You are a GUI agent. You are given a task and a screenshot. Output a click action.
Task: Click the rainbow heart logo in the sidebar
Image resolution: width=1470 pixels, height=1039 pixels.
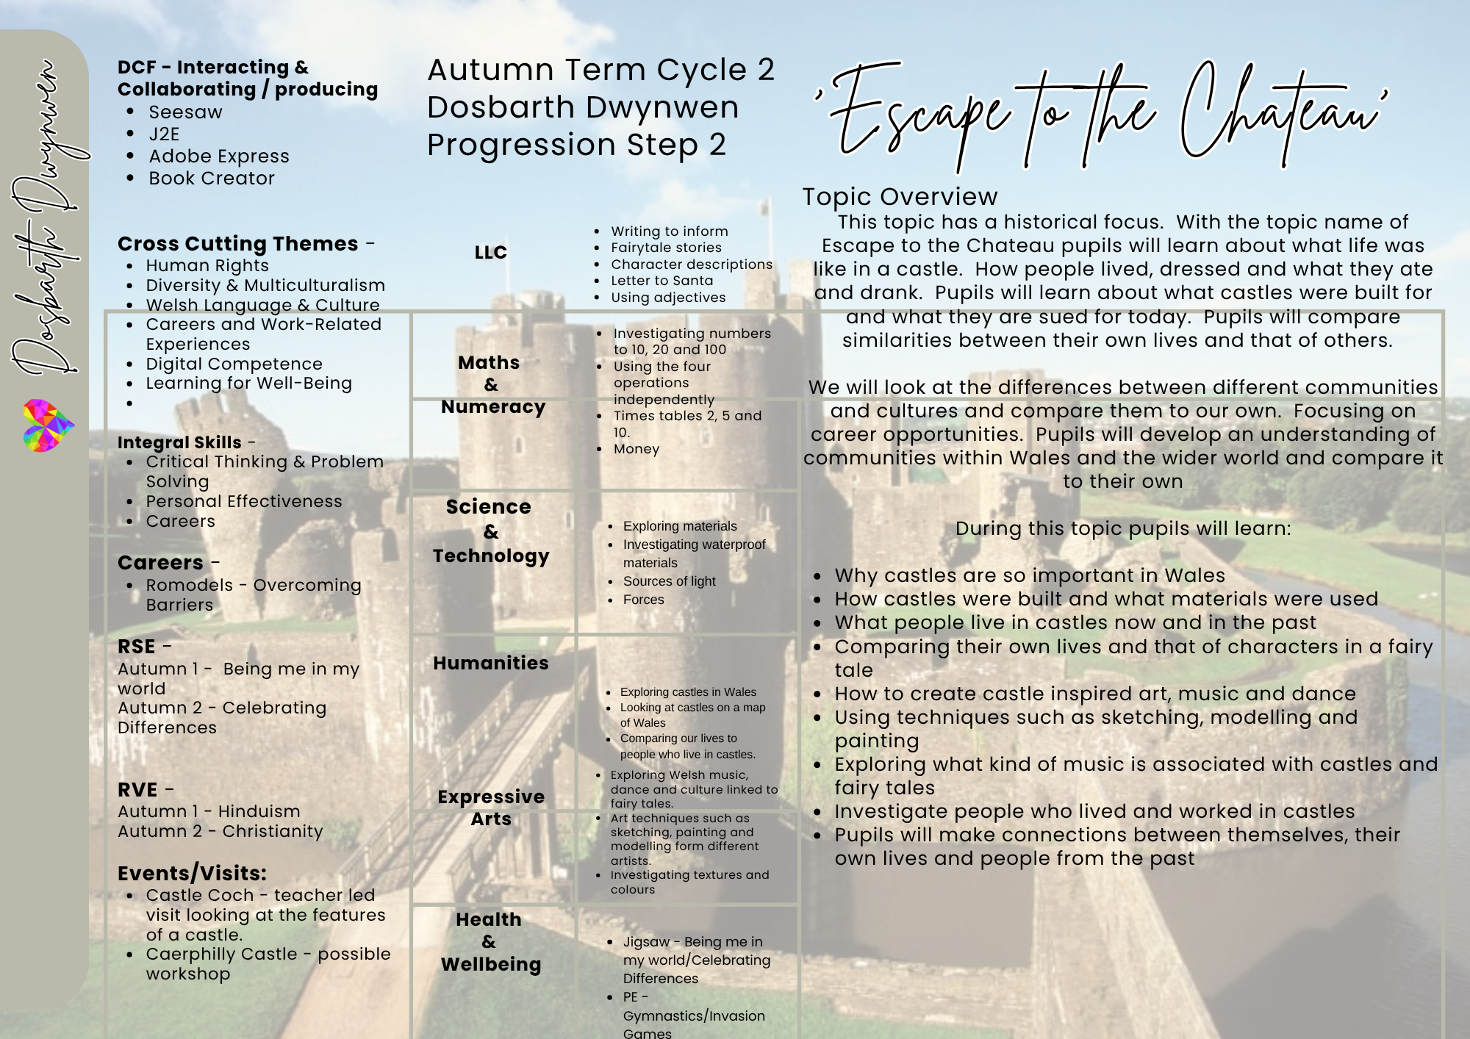(x=48, y=425)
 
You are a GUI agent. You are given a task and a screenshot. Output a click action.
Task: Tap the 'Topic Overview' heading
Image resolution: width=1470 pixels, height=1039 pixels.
(x=900, y=197)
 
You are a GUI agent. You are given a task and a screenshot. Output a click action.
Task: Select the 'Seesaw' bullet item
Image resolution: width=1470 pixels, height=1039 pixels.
(x=185, y=112)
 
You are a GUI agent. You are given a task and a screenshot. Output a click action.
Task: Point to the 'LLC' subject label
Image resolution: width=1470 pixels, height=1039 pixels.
(x=491, y=253)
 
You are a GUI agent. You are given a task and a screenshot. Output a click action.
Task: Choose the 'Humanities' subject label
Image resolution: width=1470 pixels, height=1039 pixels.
(x=491, y=663)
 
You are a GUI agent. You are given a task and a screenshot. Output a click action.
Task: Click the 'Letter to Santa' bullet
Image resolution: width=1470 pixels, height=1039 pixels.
(x=661, y=281)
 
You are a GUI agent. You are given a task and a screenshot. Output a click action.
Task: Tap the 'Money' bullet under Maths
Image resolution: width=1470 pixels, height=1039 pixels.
(x=637, y=449)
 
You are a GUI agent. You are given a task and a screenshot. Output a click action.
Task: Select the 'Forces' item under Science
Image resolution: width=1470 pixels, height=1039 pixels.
(x=643, y=600)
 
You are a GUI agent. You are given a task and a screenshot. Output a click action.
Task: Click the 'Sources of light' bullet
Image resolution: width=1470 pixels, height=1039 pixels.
(x=669, y=581)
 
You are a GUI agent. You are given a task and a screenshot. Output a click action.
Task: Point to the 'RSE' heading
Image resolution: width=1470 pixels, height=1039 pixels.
(x=137, y=647)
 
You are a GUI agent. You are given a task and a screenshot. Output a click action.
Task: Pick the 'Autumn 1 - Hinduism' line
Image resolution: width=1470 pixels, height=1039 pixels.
(x=209, y=811)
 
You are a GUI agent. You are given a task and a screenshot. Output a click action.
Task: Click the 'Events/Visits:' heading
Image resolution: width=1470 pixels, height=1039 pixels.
(x=192, y=873)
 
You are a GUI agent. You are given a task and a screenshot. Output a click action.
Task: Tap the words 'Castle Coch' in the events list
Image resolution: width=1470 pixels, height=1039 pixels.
(x=200, y=895)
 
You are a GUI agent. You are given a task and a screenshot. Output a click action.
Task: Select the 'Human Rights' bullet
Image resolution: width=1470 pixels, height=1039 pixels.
(x=207, y=266)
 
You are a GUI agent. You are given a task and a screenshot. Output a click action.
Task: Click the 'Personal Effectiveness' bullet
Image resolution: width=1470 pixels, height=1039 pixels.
(x=244, y=501)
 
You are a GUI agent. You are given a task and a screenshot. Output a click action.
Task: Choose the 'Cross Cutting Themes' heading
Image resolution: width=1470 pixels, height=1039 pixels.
(x=238, y=244)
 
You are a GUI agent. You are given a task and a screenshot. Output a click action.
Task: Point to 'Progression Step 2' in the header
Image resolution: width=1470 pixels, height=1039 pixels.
(x=576, y=145)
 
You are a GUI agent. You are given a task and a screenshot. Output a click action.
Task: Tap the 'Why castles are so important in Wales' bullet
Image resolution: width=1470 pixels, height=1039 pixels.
(x=1030, y=575)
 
